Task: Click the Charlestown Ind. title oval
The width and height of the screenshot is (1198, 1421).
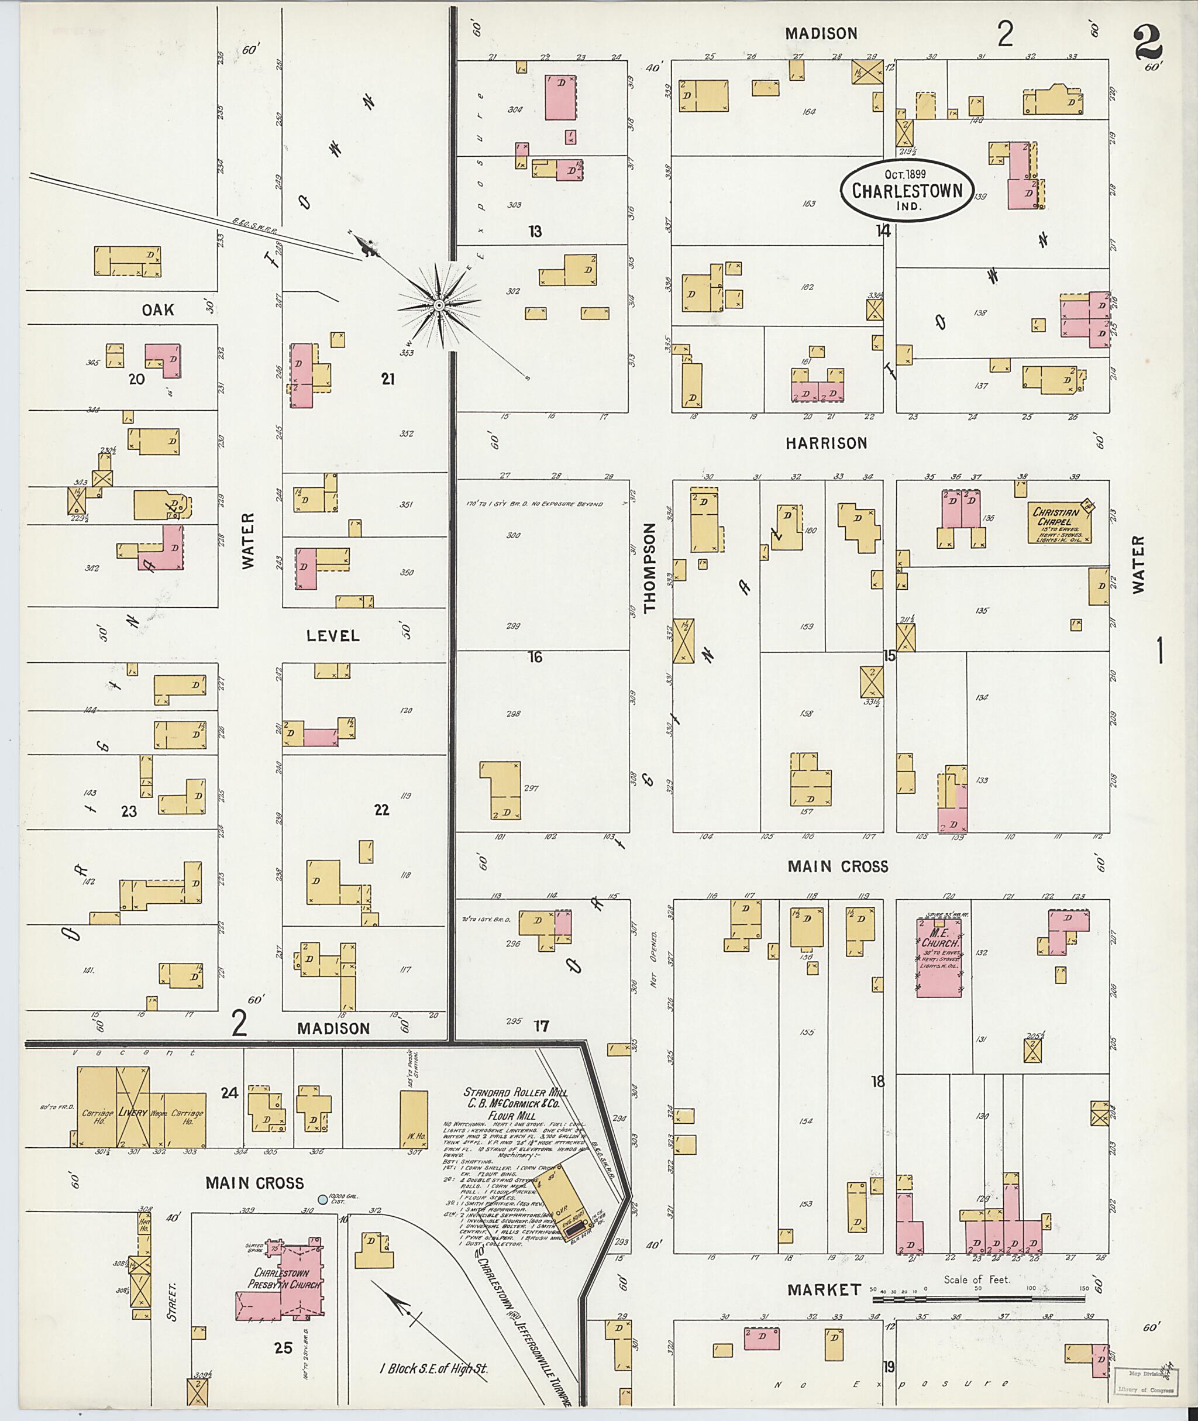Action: [907, 190]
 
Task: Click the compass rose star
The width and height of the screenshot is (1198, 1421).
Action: [439, 305]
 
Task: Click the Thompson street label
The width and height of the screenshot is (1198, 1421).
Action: [650, 568]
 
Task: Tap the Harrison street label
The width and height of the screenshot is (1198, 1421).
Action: [826, 443]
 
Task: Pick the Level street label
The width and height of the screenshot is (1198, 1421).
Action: [332, 636]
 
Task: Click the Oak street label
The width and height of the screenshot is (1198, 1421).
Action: [157, 309]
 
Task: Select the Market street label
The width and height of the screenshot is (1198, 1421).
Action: [823, 1289]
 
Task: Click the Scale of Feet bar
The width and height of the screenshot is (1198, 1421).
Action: [977, 1298]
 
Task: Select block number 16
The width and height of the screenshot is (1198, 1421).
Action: [535, 657]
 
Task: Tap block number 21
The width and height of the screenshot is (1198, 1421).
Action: [387, 379]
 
